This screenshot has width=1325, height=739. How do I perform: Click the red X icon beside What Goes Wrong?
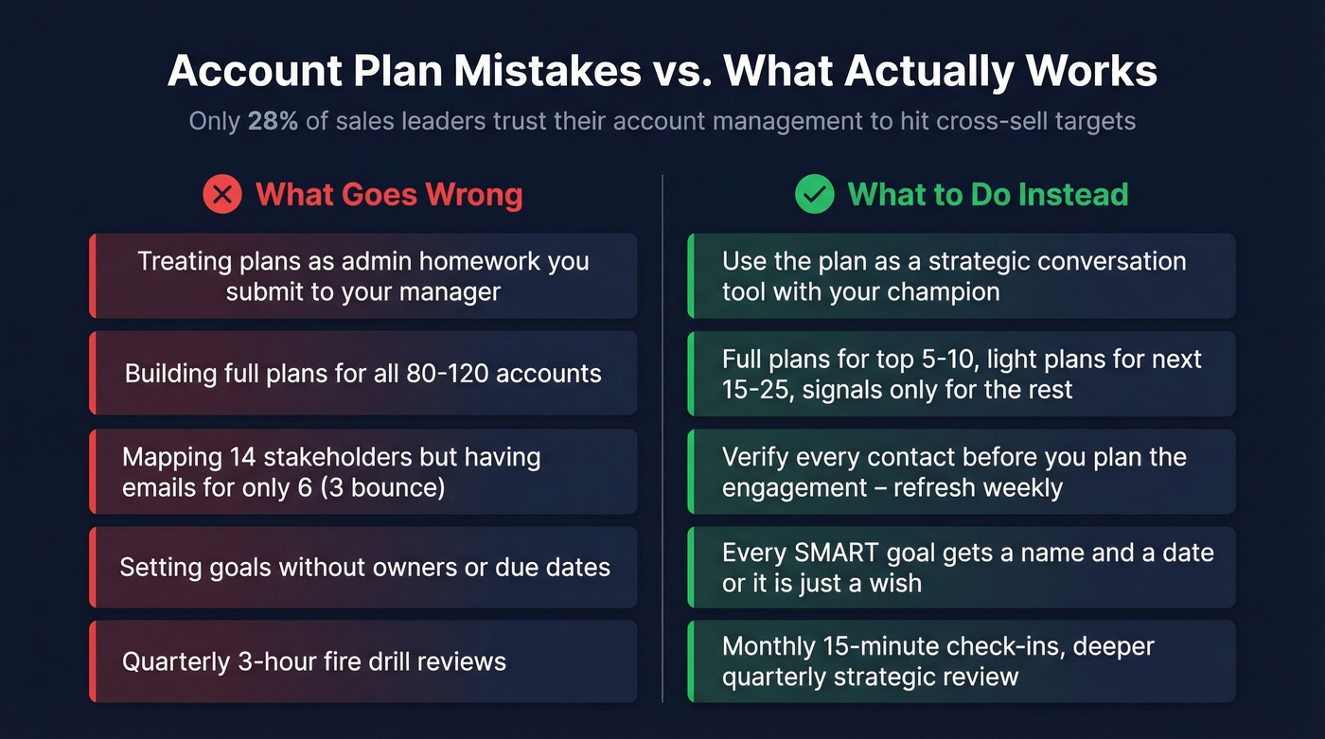click(222, 195)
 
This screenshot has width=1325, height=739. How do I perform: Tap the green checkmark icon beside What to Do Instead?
click(814, 195)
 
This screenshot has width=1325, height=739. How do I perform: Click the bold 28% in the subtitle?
click(273, 121)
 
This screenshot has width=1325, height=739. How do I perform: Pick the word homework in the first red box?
click(468, 261)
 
